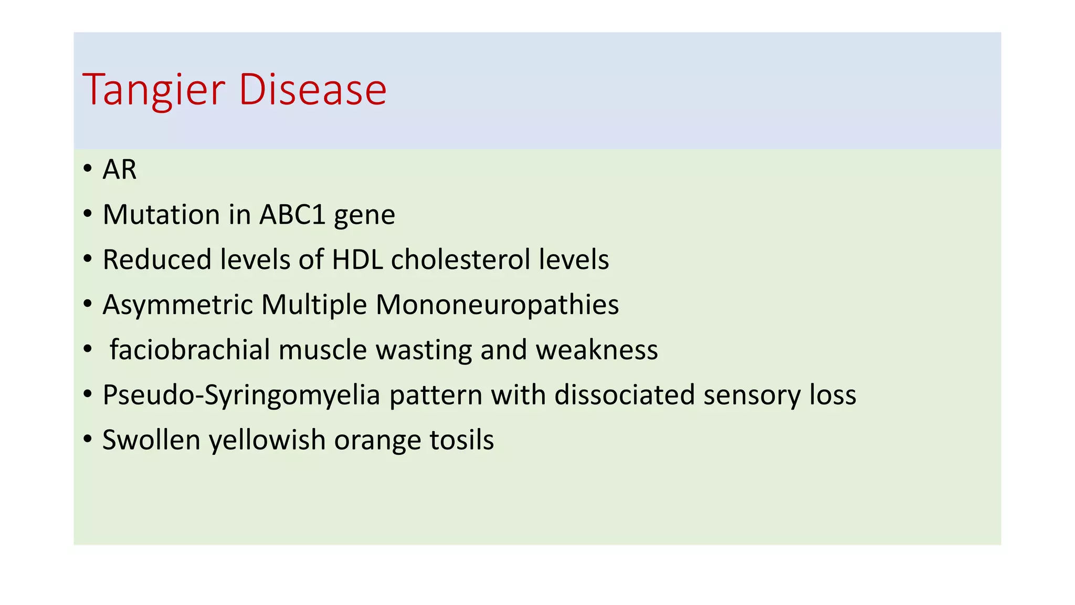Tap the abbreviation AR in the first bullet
coord(119,170)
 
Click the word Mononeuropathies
coord(497,305)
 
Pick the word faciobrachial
coord(189,350)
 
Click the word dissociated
coord(624,395)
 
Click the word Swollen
coord(151,440)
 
